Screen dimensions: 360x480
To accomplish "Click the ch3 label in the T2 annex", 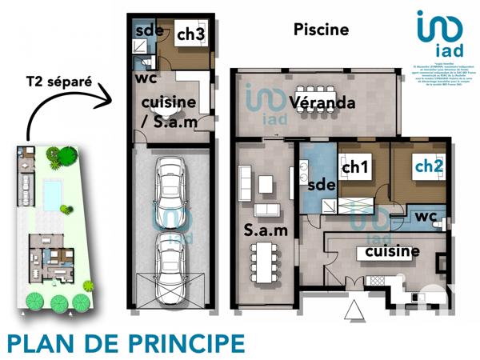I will pyautogui.click(x=190, y=34).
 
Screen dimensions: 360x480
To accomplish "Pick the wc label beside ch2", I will pyautogui.click(x=422, y=216).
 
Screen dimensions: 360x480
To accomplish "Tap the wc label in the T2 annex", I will pyautogui.click(x=146, y=79).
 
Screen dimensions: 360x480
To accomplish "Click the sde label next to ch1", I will pyautogui.click(x=320, y=185).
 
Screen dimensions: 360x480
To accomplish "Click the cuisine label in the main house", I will pyautogui.click(x=392, y=252).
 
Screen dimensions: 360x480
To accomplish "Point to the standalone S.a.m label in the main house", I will pyautogui.click(x=261, y=233).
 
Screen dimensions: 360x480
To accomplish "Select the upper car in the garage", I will pyautogui.click(x=171, y=187).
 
